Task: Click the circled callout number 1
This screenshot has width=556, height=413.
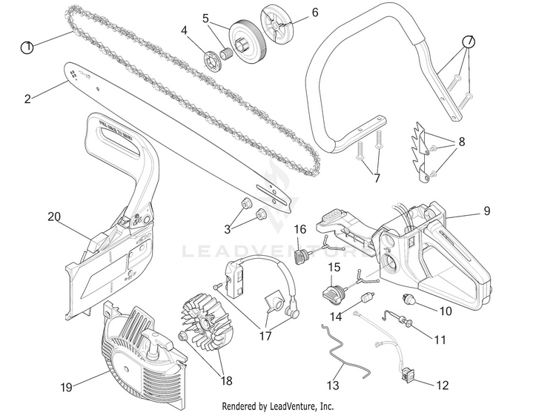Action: click(27, 47)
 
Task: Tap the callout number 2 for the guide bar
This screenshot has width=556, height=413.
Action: click(28, 97)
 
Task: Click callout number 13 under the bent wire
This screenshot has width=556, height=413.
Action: click(333, 386)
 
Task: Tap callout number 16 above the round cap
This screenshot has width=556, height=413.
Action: click(300, 229)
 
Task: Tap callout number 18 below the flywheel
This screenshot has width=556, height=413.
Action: click(225, 380)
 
